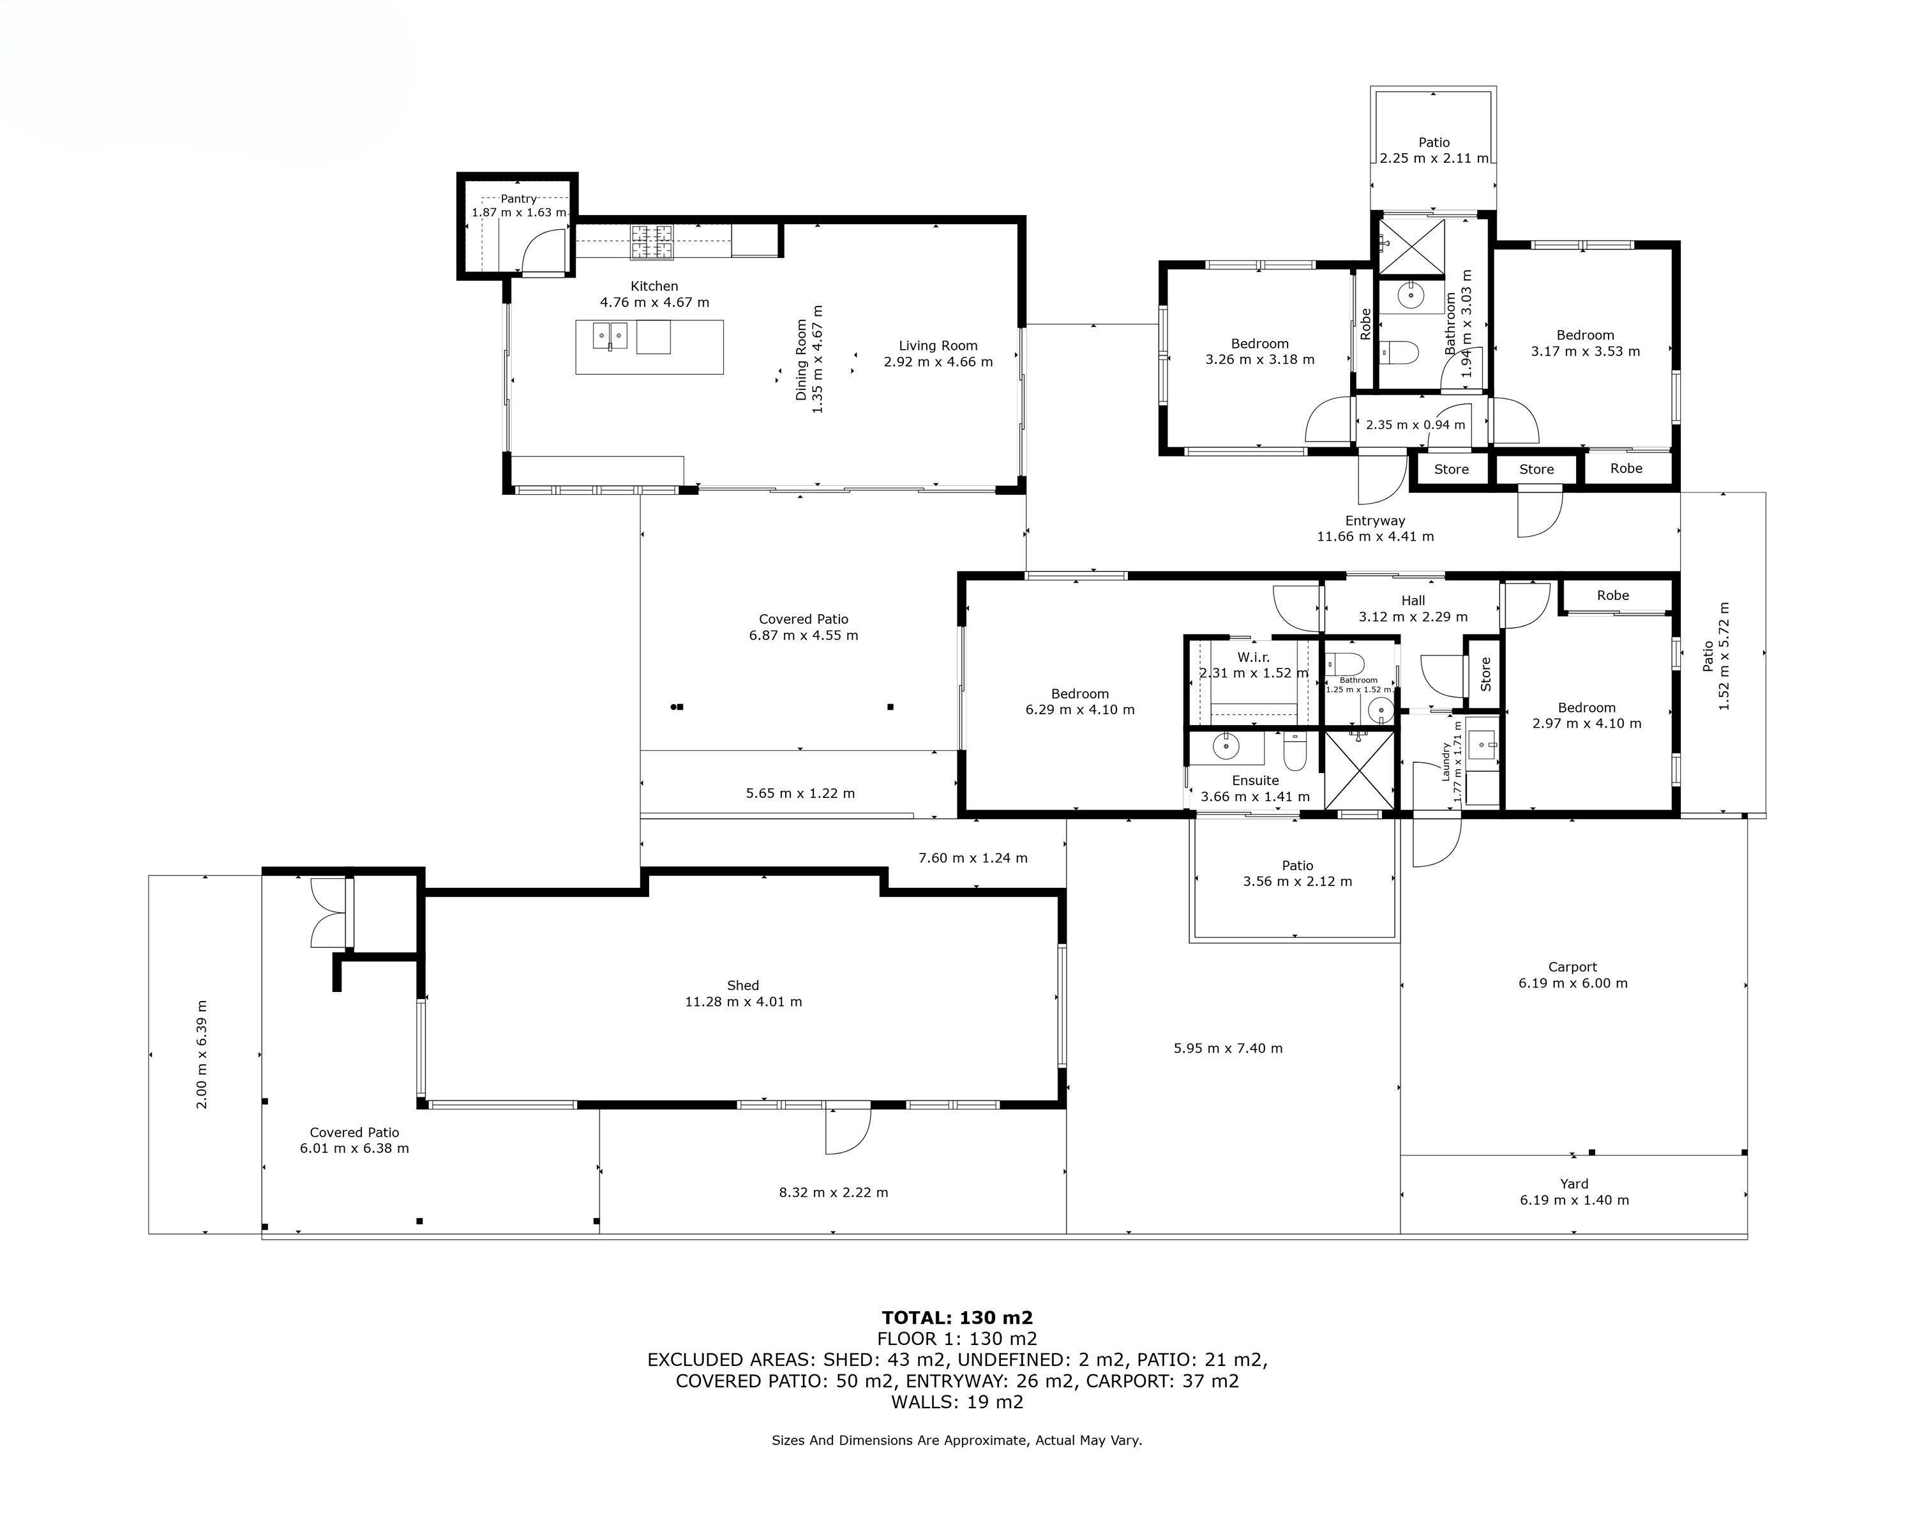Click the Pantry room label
pos(519,199)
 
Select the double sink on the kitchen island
pos(610,336)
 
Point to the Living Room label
pos(938,345)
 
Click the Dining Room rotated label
pos(801,359)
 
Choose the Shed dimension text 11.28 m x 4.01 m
pos(744,1002)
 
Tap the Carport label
pos(1572,967)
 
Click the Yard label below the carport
pos(1574,1184)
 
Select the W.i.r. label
pos(1253,657)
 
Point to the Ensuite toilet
pos(1295,751)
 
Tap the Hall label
pos(1413,601)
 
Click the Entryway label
pos(1375,522)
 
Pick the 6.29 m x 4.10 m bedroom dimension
pos(1080,710)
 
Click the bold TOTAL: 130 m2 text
pos(957,1318)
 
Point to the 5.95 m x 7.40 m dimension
pos(1228,1048)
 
